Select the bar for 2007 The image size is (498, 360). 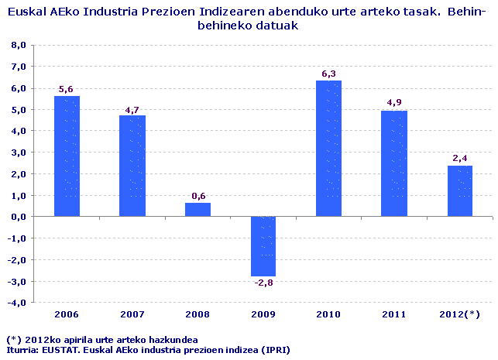[132, 166]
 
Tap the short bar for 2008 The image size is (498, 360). [197, 210]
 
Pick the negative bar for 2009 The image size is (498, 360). [263, 246]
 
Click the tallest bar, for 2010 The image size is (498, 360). [328, 149]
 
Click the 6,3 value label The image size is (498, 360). [328, 74]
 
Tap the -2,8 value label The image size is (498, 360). [263, 283]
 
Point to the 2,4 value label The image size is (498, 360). [459, 159]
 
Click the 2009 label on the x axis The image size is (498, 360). [263, 314]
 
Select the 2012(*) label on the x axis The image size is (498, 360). [459, 314]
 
